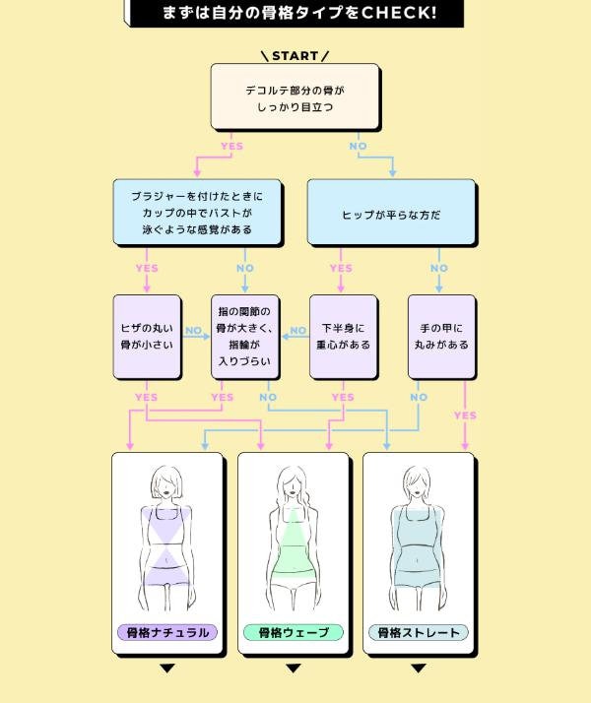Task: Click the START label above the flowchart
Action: (295, 56)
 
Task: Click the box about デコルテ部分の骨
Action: (295, 96)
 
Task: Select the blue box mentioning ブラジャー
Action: (196, 213)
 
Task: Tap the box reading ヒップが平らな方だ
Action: (391, 213)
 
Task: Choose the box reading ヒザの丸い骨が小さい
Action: (147, 337)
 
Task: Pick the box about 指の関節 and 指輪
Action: (245, 337)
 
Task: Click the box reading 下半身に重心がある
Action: (344, 337)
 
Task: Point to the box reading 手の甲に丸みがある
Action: (441, 337)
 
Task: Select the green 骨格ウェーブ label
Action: (293, 632)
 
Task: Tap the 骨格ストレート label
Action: (419, 632)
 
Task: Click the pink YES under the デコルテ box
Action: (231, 147)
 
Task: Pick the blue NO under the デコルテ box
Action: (358, 147)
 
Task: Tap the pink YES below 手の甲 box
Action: (465, 415)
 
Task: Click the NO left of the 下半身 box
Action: (298, 331)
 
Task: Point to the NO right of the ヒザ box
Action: (194, 331)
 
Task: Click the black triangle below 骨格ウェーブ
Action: (293, 669)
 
